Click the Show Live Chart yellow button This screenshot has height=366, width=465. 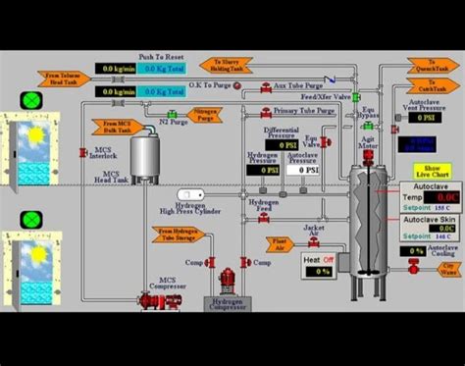(x=433, y=171)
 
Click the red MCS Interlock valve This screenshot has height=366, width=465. (x=83, y=153)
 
